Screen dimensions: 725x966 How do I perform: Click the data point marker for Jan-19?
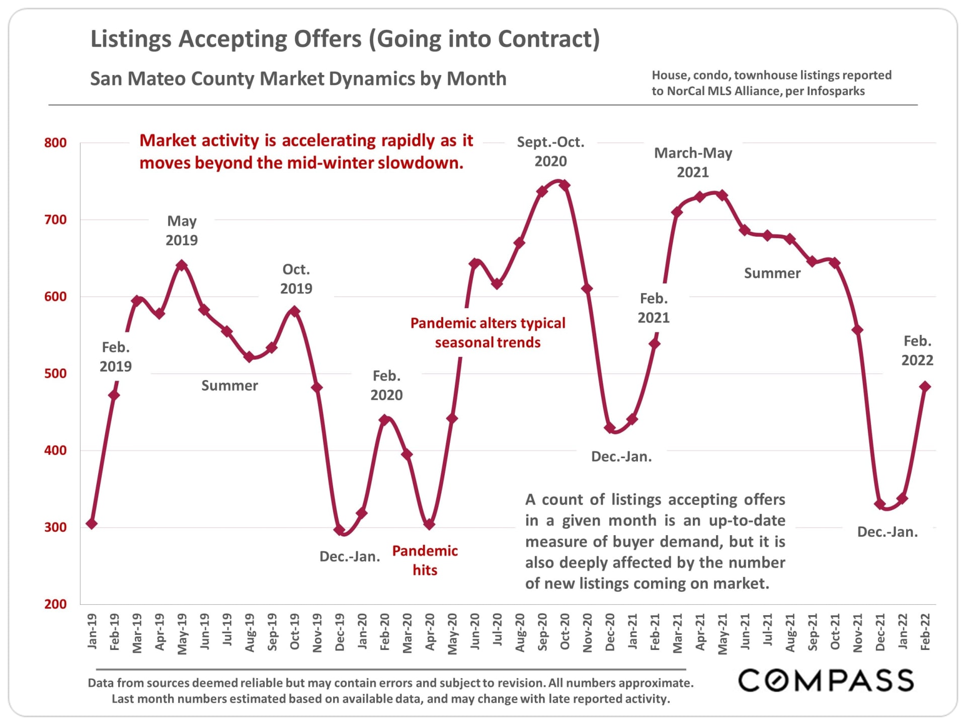pyautogui.click(x=92, y=524)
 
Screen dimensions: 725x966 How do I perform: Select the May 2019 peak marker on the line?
pyautogui.click(x=182, y=265)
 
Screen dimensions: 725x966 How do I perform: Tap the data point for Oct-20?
pyautogui.click(x=565, y=185)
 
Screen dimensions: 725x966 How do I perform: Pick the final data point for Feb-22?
pyautogui.click(x=925, y=387)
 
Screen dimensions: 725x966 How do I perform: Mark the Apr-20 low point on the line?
pyautogui.click(x=429, y=525)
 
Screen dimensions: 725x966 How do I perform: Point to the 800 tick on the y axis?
pyautogui.click(x=55, y=143)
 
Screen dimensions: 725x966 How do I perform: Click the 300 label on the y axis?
pyautogui.click(x=55, y=528)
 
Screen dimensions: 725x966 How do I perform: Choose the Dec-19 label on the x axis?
pyautogui.click(x=340, y=632)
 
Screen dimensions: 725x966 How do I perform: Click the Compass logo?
pyautogui.click(x=826, y=681)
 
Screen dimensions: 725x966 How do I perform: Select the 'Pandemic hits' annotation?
pyautogui.click(x=425, y=560)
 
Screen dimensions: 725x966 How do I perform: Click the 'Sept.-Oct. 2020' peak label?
pyautogui.click(x=550, y=152)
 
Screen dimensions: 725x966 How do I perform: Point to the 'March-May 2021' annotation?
pyautogui.click(x=693, y=162)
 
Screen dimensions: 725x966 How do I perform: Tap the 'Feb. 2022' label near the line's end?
pyautogui.click(x=917, y=350)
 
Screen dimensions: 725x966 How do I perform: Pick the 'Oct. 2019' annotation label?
pyautogui.click(x=296, y=279)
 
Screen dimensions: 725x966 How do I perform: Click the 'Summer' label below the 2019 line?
pyautogui.click(x=229, y=386)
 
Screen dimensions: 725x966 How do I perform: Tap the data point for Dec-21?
pyautogui.click(x=879, y=504)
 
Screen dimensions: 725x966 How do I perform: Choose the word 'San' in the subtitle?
pyautogui.click(x=106, y=79)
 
